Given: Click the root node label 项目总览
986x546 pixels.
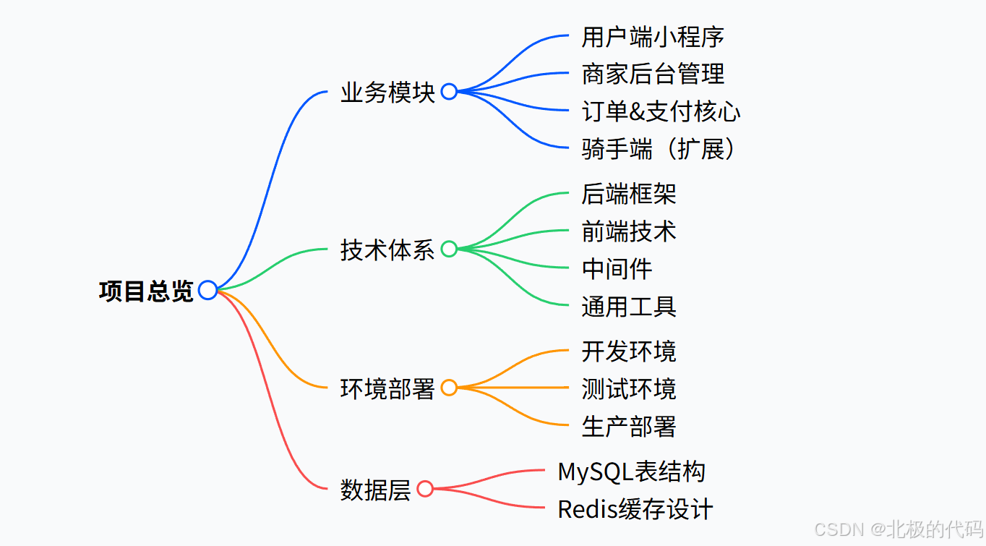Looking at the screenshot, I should tap(146, 291).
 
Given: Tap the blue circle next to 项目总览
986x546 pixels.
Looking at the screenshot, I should tap(207, 290).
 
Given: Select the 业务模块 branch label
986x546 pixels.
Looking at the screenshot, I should tap(387, 93).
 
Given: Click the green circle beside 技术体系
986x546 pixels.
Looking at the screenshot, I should tap(449, 249).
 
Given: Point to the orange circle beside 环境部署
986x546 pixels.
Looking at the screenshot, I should tap(449, 388).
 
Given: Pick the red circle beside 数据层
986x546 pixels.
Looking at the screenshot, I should tap(425, 489).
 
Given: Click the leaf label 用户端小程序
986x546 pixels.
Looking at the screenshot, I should tap(653, 36).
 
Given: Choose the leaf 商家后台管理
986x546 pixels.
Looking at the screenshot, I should tap(653, 74).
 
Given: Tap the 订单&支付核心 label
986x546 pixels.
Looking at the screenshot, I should tap(661, 111).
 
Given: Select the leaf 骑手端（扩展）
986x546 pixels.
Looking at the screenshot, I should tap(661, 149).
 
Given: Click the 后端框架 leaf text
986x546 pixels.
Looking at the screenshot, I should tap(629, 194).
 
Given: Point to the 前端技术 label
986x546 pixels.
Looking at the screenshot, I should tap(629, 231).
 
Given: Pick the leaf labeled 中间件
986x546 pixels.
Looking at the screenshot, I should tap(617, 269).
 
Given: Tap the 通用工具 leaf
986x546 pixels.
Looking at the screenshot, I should tap(629, 307).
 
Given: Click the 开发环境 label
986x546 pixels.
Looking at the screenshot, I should tap(629, 351).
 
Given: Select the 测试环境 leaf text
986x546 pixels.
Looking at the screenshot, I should tap(629, 389).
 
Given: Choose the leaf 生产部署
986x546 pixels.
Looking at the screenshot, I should tap(629, 427).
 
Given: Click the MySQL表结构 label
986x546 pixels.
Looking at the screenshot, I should tap(631, 472).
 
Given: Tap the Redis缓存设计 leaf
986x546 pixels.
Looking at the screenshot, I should tap(635, 509).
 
